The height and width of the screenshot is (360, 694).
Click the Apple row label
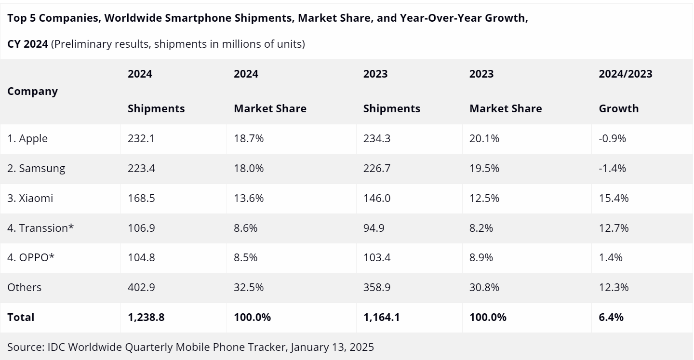pyautogui.click(x=27, y=139)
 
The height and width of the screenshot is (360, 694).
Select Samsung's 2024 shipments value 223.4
pyautogui.click(x=141, y=169)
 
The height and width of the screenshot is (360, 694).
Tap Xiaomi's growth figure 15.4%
pyautogui.click(x=614, y=198)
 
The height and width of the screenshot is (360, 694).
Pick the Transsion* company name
pyautogui.click(x=40, y=228)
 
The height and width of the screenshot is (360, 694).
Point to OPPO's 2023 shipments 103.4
pyautogui.click(x=377, y=258)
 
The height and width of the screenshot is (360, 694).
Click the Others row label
pyautogui.click(x=25, y=288)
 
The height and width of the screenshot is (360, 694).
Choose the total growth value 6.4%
pyautogui.click(x=611, y=318)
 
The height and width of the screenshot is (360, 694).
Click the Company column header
pyautogui.click(x=32, y=92)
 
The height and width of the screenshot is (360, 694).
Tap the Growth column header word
pyautogui.click(x=619, y=109)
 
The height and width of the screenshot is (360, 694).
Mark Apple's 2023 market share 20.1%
pyautogui.click(x=484, y=139)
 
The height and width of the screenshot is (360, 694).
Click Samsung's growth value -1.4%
pyautogui.click(x=612, y=169)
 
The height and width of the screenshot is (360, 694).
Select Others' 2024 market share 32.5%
pyautogui.click(x=249, y=288)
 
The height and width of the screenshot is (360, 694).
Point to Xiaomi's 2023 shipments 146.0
pyautogui.click(x=377, y=198)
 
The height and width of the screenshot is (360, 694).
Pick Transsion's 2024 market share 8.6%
pyautogui.click(x=246, y=228)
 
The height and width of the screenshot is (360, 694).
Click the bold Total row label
pyautogui.click(x=21, y=318)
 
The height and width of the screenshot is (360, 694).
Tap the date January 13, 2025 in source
pyautogui.click(x=332, y=347)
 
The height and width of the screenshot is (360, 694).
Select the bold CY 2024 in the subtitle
pyautogui.click(x=27, y=44)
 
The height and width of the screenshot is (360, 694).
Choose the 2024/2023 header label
pyautogui.click(x=626, y=74)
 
